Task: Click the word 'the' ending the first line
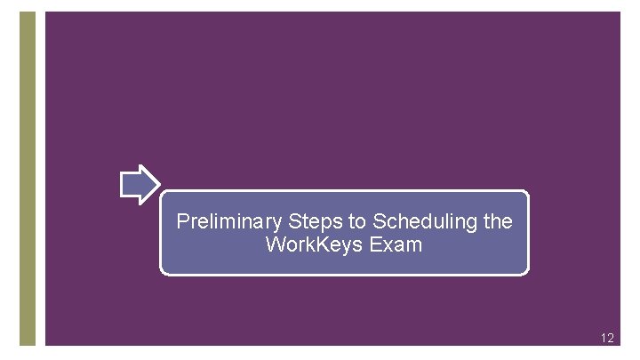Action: [x=498, y=221]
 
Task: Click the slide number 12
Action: [x=607, y=338]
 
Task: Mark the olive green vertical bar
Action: [x=28, y=178]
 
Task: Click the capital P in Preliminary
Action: [x=183, y=221]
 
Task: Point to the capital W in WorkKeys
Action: [x=275, y=244]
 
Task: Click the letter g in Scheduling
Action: [x=473, y=223]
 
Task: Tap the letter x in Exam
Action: [x=383, y=244]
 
